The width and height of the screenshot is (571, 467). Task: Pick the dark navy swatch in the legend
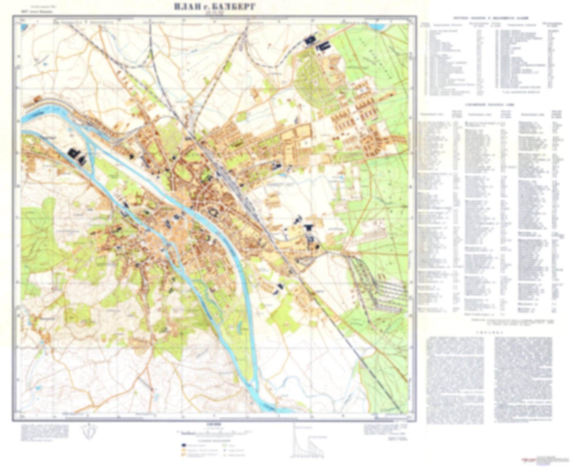pyautogui.click(x=184, y=445)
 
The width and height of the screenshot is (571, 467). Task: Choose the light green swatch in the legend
pyautogui.click(x=225, y=445)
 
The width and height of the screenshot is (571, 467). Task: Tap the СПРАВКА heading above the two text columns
pyautogui.click(x=489, y=333)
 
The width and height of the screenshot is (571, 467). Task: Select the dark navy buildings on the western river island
pyautogui.click(x=77, y=155)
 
